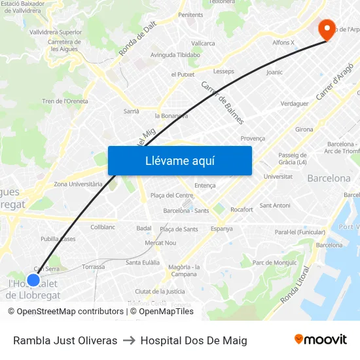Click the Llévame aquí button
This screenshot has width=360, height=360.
(179, 160)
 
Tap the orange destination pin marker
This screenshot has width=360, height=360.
(326, 29)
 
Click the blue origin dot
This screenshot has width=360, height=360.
(33, 279)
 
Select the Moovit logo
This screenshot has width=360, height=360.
(320, 340)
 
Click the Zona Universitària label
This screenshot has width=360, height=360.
(78, 184)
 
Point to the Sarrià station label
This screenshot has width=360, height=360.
(132, 111)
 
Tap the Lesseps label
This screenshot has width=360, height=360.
(224, 71)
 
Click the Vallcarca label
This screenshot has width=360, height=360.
(204, 43)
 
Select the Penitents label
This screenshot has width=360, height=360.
(190, 14)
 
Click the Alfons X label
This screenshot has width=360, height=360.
(283, 43)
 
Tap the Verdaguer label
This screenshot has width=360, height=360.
(294, 103)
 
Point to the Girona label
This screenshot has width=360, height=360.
(304, 130)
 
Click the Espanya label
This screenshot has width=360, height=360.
(221, 228)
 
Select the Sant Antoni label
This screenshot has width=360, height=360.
(275, 206)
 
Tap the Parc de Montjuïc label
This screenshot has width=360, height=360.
(274, 262)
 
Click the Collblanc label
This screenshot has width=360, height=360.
(103, 227)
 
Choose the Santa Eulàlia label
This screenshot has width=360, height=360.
(143, 262)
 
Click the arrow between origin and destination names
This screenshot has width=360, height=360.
(129, 340)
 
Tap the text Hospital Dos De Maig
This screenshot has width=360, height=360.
(194, 340)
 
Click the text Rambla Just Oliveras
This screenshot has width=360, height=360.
(65, 340)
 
